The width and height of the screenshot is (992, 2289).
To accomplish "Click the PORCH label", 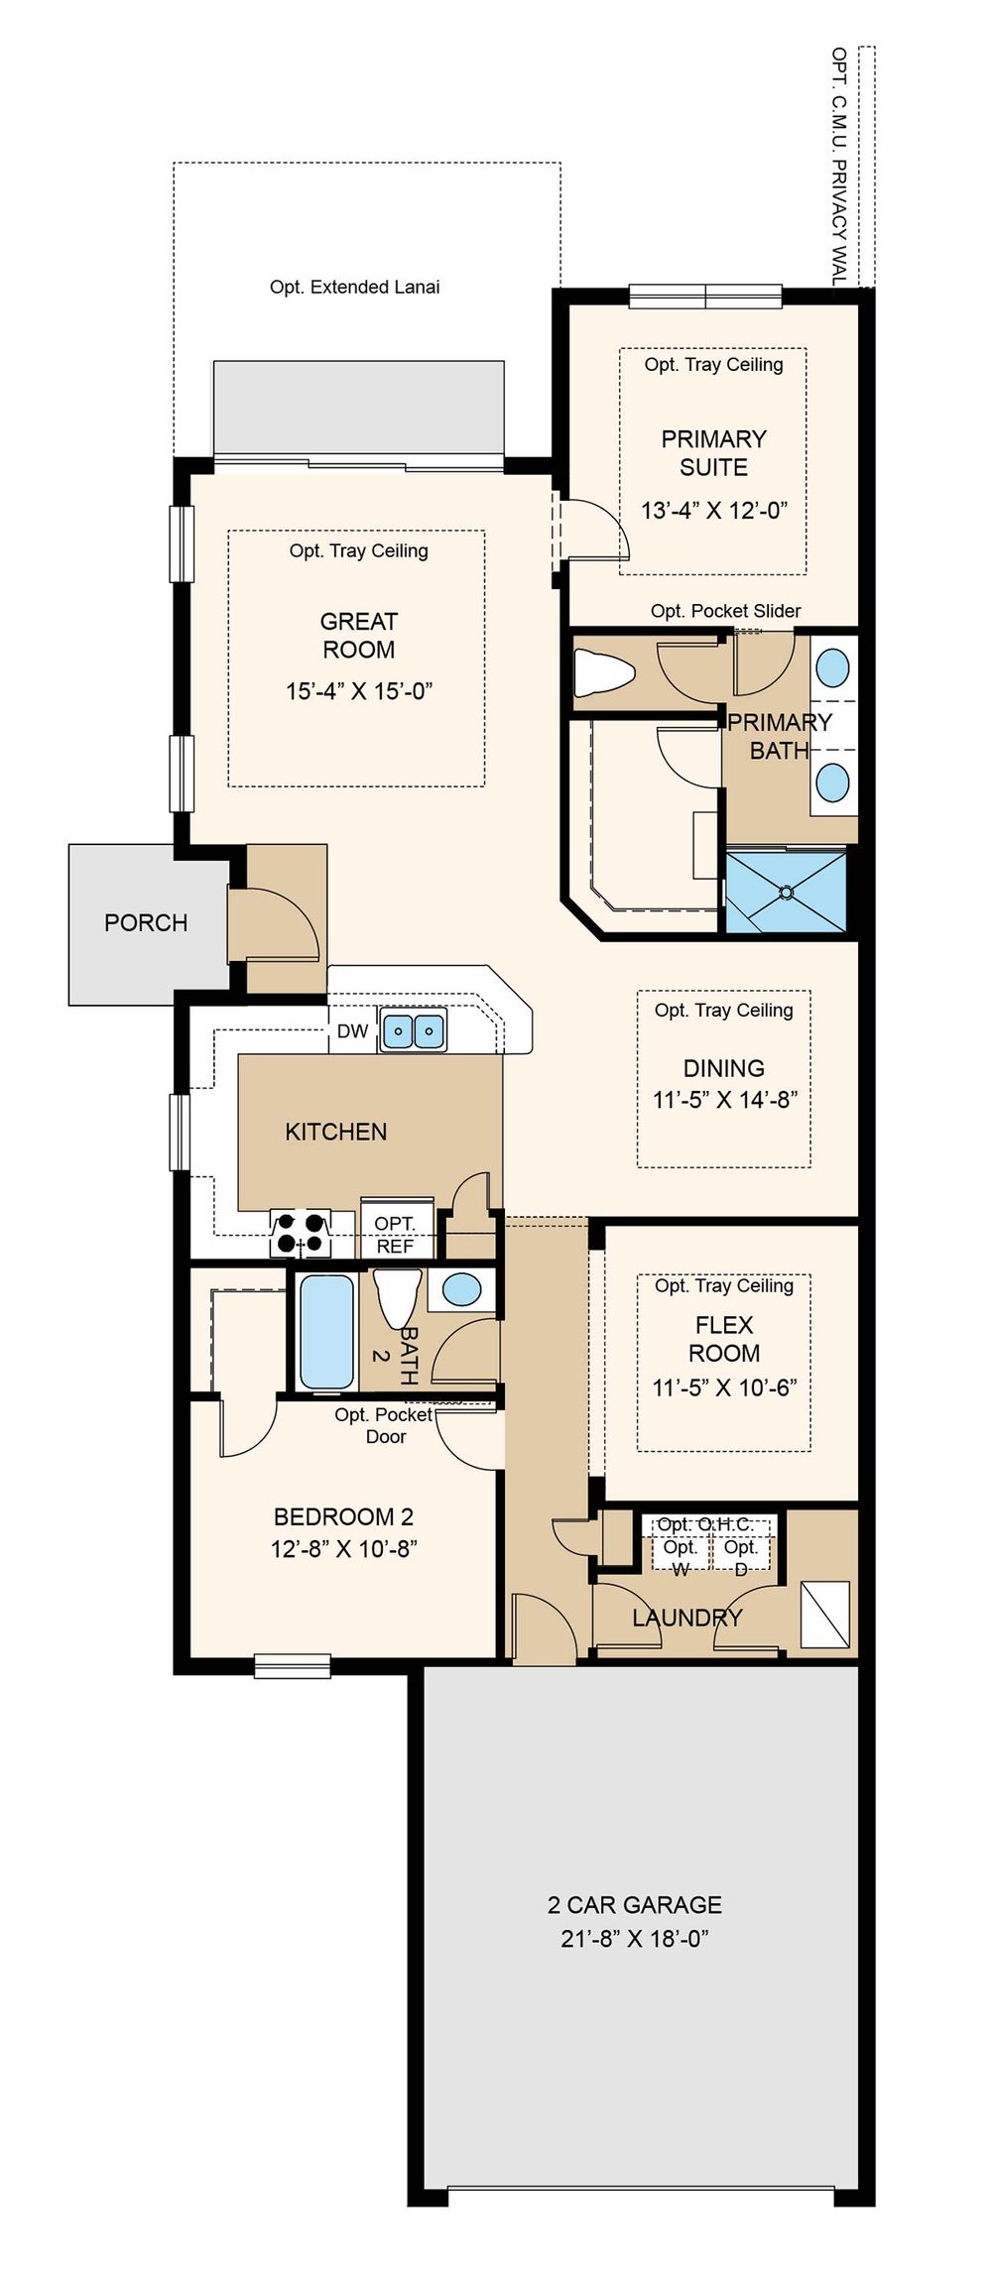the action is coord(146,922).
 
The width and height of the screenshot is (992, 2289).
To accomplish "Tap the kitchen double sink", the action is coord(413,1030).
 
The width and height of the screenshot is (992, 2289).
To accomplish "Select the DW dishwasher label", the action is coord(352,1031).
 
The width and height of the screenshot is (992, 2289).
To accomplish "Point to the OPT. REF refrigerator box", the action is coord(396,1231).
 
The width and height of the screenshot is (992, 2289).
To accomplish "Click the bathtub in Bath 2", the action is coord(326,1331).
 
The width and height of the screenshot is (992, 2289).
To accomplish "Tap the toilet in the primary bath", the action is coord(603,671).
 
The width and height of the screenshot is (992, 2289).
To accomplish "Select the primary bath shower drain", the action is coord(787,892).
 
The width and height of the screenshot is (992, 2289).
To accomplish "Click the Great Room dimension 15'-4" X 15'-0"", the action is coord(359,691).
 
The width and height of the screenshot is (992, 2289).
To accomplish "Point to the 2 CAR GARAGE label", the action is coord(635,1904).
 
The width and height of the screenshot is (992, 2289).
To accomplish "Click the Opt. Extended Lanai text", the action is coord(355,287).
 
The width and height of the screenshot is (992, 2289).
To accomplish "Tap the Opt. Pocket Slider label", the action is coord(725,611).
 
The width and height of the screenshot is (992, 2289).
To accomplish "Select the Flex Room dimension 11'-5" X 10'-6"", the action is coord(724,1387).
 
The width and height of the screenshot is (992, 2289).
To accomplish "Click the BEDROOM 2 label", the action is coord(343,1516).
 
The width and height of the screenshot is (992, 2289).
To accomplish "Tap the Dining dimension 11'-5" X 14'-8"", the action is coord(724,1099).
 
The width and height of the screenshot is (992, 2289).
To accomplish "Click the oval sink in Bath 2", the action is coord(461,1288).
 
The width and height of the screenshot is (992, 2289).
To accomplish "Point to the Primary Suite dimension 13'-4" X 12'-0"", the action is coord(714,511).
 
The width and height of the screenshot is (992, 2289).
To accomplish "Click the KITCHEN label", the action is coord(336,1132).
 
